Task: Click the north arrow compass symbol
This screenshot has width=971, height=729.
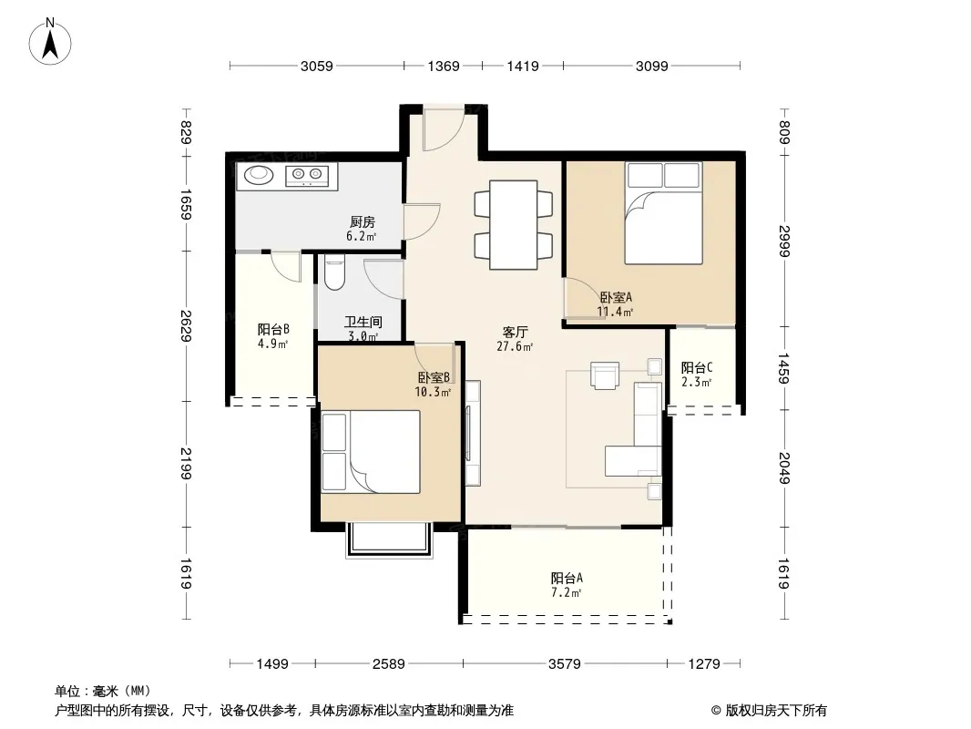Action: tap(50, 42)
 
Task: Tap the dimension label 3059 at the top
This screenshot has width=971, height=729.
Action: tap(316, 67)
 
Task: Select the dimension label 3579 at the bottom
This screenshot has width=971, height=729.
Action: tap(564, 664)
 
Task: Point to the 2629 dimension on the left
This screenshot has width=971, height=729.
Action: tap(185, 326)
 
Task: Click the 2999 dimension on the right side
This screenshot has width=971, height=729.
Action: tap(784, 241)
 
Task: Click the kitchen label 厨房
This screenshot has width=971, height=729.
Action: tap(363, 221)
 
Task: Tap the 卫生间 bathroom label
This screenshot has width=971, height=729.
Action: tap(363, 322)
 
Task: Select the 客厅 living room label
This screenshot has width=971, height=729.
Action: tap(515, 332)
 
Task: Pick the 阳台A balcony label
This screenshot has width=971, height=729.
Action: tap(567, 578)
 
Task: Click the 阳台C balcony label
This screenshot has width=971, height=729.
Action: tap(697, 367)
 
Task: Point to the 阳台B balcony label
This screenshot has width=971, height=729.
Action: tap(273, 329)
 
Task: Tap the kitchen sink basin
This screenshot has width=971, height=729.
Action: tap(258, 175)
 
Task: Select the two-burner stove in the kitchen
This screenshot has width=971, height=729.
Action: tap(307, 175)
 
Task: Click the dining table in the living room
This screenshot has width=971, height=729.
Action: tap(514, 224)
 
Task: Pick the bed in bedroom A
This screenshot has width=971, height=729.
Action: tap(663, 213)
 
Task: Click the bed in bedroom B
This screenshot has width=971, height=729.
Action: tap(371, 451)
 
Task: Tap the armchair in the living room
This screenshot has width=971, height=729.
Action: tap(605, 375)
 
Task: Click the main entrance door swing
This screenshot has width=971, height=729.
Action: tap(444, 130)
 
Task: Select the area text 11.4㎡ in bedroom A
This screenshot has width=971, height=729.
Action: tap(614, 313)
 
